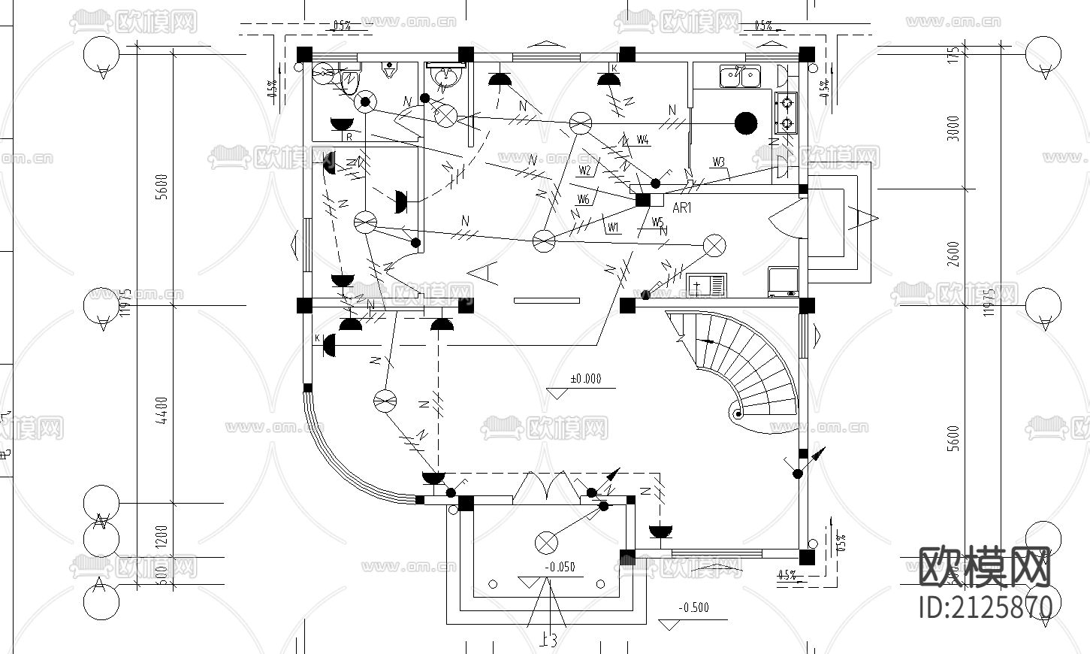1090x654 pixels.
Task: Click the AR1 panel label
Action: pyautogui.click(x=681, y=208)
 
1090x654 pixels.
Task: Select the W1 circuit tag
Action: pyautogui.click(x=613, y=227)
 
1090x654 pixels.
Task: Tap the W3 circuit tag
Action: pyautogui.click(x=718, y=162)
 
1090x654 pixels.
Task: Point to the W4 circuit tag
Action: pyautogui.click(x=642, y=140)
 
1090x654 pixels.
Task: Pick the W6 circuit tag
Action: pyautogui.click(x=584, y=199)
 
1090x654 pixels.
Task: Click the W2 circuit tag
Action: pyautogui.click(x=585, y=171)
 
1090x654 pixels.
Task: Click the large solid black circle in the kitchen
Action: pyautogui.click(x=745, y=123)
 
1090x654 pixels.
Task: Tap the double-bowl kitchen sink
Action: pyautogui.click(x=740, y=76)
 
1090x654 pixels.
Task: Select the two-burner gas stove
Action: pyautogui.click(x=786, y=112)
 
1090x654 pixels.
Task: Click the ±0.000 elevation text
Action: pyautogui.click(x=586, y=379)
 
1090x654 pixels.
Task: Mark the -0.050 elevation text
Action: pyautogui.click(x=560, y=567)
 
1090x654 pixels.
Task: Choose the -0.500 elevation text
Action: pyautogui.click(x=693, y=607)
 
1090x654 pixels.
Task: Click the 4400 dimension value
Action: pyautogui.click(x=163, y=410)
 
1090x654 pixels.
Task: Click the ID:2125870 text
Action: pyautogui.click(x=985, y=606)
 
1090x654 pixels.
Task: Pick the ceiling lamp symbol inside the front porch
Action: pyautogui.click(x=546, y=541)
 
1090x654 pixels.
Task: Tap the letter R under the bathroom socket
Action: pyautogui.click(x=349, y=138)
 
